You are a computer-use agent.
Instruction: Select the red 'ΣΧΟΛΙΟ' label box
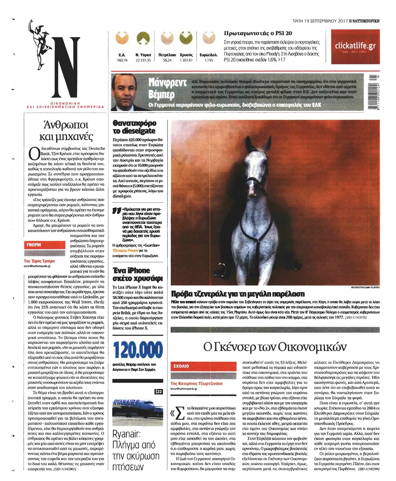pos(203,366)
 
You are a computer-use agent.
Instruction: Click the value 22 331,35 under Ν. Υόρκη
pos(143,60)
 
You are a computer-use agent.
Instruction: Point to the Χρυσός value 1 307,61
pos(186,60)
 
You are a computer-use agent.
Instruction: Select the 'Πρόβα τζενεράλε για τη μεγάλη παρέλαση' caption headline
pos(237,294)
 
